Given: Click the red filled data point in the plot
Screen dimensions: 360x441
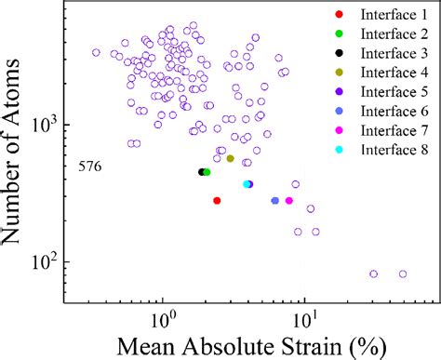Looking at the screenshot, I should click(217, 200).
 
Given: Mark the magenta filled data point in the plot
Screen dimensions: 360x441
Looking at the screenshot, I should click(288, 201).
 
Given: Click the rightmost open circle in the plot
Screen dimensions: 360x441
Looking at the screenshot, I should click(403, 273).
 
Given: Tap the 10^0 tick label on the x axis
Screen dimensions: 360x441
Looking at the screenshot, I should click(163, 313).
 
